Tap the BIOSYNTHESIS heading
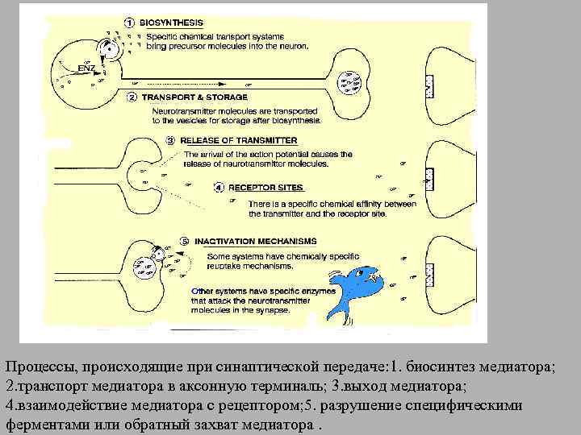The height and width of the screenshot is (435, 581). pyautogui.click(x=172, y=23)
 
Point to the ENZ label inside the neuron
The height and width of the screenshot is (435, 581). pyautogui.click(x=86, y=65)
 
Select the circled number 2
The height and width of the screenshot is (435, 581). pyautogui.click(x=131, y=97)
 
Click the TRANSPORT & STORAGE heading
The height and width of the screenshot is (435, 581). pyautogui.click(x=184, y=97)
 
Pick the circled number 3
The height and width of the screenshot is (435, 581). pyautogui.click(x=170, y=140)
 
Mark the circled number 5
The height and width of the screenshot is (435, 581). pyautogui.click(x=185, y=240)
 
